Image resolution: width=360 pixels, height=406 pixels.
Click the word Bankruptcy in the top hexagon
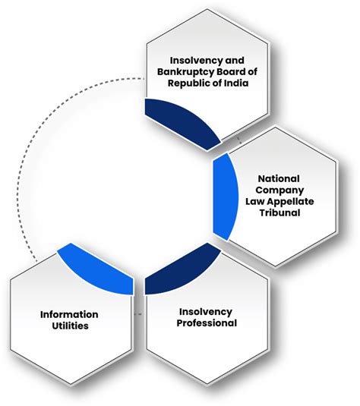point(179,72)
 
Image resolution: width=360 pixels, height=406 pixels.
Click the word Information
point(69,314)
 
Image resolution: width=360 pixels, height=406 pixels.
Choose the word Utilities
point(69,326)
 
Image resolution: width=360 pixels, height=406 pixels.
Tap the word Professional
point(207,323)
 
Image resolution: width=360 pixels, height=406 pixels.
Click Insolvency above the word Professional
point(207,311)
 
